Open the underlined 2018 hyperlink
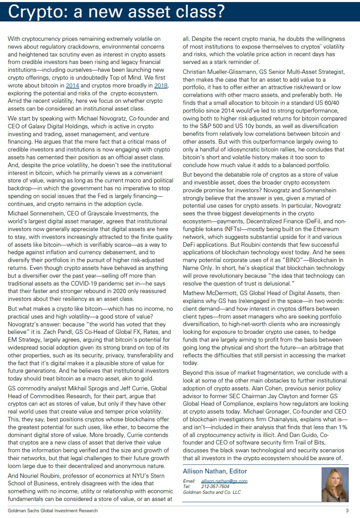(x=160, y=86)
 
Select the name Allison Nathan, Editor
(x=215, y=471)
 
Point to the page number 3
(x=347, y=511)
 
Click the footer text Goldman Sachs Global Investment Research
(x=53, y=511)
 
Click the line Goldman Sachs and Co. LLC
(x=212, y=492)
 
